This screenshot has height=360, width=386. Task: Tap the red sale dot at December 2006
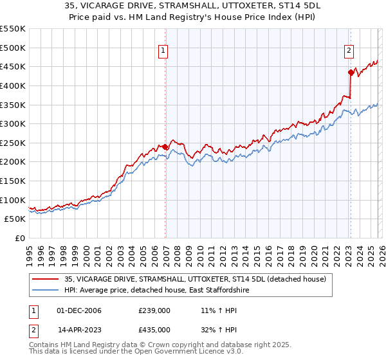tap(165, 147)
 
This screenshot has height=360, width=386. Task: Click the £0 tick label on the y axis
tap(20, 238)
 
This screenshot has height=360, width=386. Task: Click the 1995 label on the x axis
tap(30, 253)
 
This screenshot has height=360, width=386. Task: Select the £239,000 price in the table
tap(154, 310)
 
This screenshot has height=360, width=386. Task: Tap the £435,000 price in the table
tap(154, 330)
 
